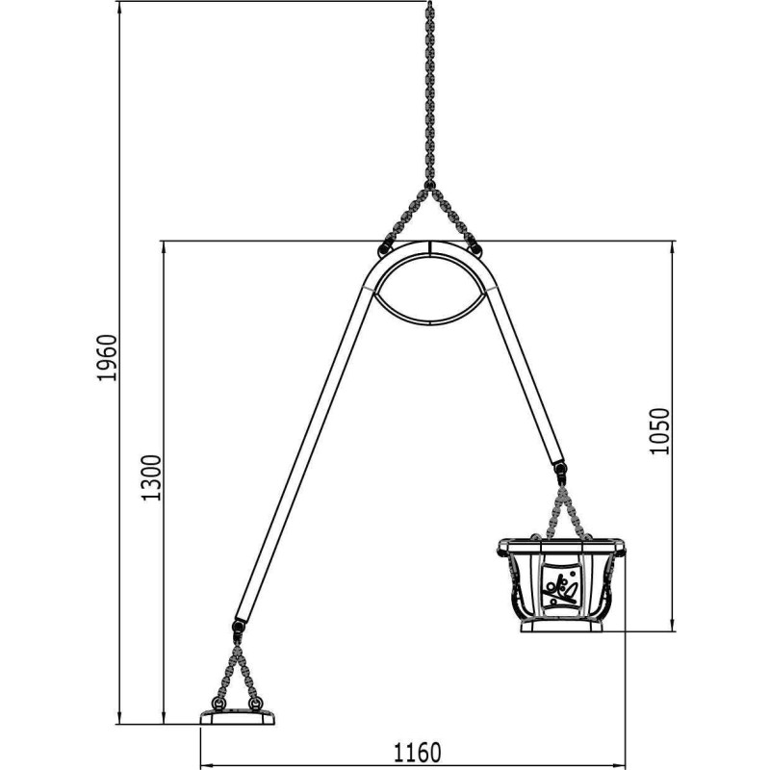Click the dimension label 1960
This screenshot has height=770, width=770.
click(x=107, y=357)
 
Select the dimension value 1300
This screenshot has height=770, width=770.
click(x=151, y=477)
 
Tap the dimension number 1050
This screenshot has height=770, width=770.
click(x=659, y=431)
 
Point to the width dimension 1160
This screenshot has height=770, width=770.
click(x=418, y=753)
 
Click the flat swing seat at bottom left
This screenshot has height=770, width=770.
click(x=237, y=717)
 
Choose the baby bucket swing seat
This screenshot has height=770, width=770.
click(x=561, y=585)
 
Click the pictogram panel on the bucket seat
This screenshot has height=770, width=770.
click(x=560, y=588)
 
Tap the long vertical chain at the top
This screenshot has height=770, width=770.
click(x=429, y=92)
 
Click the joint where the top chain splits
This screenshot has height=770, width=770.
click(x=429, y=185)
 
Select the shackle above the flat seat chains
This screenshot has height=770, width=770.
click(x=238, y=629)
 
